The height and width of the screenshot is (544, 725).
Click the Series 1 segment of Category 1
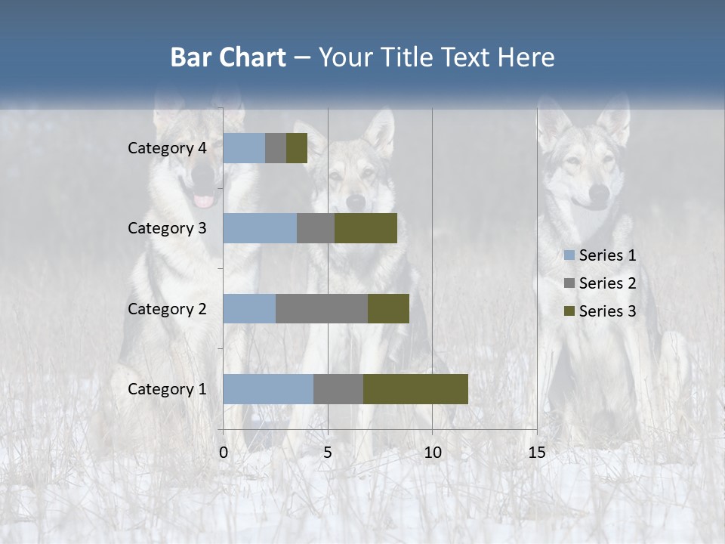[x=268, y=389]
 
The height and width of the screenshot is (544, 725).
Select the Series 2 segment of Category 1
[x=338, y=389]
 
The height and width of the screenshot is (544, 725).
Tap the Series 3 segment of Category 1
[x=415, y=389]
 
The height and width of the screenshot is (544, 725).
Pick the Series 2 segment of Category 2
[x=322, y=308]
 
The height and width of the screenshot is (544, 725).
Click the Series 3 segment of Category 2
[x=388, y=308]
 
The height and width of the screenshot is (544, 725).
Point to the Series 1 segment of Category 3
[x=260, y=228]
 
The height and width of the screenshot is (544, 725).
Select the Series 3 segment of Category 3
[x=366, y=228]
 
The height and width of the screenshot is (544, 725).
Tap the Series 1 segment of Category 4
[x=244, y=148]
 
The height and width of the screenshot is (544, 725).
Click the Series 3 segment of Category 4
[x=297, y=148]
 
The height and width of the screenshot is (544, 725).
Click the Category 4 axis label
[x=167, y=148]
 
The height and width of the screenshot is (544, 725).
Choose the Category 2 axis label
[x=167, y=308]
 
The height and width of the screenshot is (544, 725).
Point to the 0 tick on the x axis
[x=224, y=453]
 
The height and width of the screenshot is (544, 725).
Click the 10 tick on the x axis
[x=432, y=453]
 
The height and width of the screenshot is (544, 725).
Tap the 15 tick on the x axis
[x=536, y=453]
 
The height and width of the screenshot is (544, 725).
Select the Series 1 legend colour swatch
[x=569, y=255]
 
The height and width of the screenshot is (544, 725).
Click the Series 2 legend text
[x=607, y=283]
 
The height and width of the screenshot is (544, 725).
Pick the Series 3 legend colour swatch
[x=569, y=311]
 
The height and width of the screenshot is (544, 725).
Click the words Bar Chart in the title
[x=228, y=57]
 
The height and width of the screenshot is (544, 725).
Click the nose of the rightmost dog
[x=599, y=198]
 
